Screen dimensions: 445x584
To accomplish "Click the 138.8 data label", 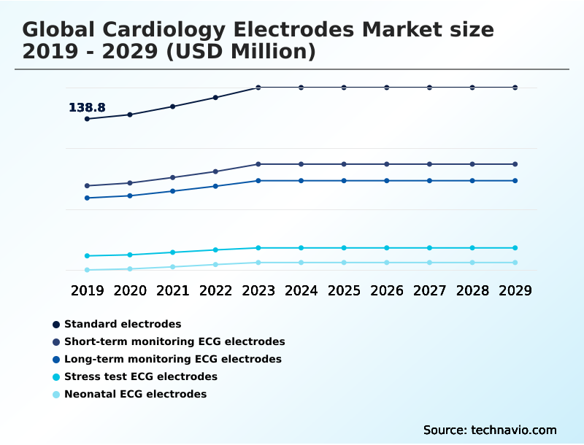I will coord(87,108).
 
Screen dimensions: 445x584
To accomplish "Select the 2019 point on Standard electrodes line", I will coord(87,119).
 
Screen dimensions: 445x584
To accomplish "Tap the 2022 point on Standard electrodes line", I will coord(215,97).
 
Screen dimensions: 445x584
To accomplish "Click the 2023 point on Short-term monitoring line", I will coord(258,164).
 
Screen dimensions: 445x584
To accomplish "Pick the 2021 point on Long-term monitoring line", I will coord(173,191).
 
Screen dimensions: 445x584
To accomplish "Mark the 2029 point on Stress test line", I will coord(515,248).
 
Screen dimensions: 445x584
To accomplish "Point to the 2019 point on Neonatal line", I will coord(87,270).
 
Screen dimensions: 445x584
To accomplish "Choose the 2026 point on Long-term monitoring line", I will coord(387,181).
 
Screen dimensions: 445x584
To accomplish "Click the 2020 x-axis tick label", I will coord(130,290).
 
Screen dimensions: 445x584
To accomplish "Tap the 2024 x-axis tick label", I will coord(301,290).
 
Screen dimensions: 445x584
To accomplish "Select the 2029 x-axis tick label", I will coord(515,290).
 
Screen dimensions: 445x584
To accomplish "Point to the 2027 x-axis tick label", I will coord(429,290).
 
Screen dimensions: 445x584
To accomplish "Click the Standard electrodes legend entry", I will coord(122,324).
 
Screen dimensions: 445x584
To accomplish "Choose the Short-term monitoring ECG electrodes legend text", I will coord(174,341).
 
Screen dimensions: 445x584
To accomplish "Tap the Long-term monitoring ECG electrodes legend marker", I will coord(56,359).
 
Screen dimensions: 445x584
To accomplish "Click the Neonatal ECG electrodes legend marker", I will coord(56,394).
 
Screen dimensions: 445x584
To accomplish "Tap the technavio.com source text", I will coord(514,430).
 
